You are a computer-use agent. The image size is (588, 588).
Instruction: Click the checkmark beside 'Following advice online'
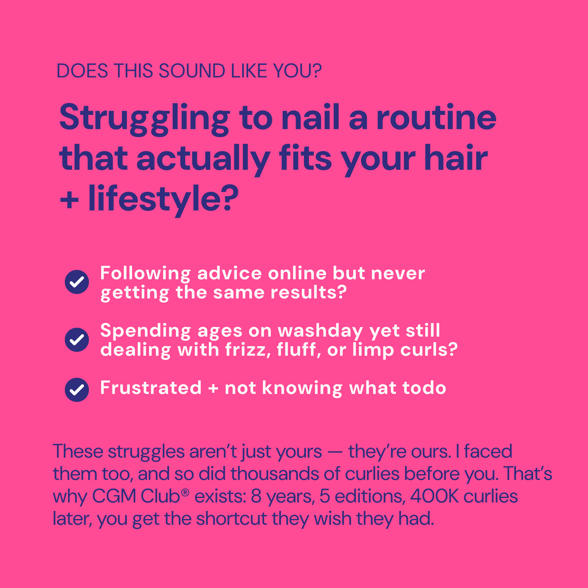77,282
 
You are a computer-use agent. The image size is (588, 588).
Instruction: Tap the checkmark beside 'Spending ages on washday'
77,339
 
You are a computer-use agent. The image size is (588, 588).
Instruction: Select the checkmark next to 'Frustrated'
77,390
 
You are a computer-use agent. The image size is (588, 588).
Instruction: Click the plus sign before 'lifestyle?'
69,200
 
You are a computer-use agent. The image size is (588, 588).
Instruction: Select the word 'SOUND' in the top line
192,71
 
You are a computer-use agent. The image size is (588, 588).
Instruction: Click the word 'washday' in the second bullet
321,332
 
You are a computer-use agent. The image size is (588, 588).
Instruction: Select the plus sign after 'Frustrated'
213,388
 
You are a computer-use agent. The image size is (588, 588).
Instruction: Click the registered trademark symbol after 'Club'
185,492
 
